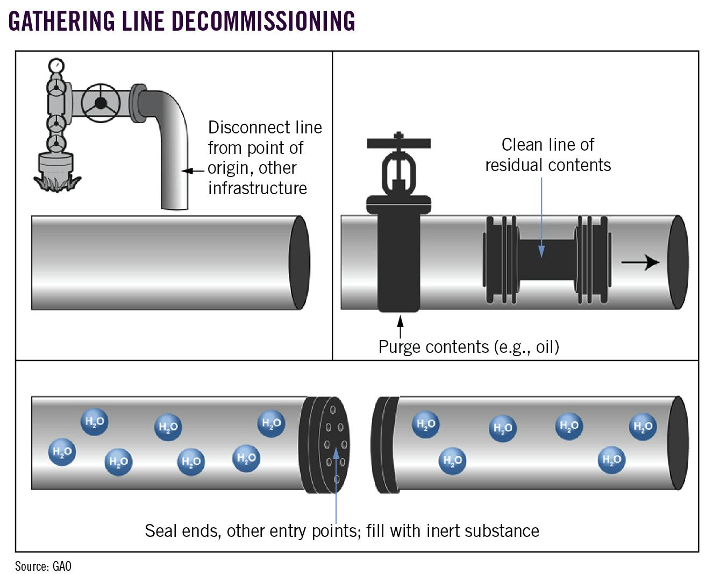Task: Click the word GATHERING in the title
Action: click(61, 22)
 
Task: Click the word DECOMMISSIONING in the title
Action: click(263, 22)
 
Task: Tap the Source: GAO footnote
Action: click(43, 566)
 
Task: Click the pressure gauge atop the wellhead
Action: click(55, 66)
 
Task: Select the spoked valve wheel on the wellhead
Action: click(100, 103)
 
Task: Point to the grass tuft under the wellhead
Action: click(56, 183)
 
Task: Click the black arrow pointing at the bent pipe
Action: click(192, 171)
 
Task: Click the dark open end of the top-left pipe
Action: click(299, 263)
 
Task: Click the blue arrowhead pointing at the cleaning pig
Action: click(541, 251)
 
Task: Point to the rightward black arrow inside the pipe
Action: click(640, 263)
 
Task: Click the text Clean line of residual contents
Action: click(547, 155)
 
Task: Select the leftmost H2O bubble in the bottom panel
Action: click(62, 451)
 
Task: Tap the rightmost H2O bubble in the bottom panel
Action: click(643, 427)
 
